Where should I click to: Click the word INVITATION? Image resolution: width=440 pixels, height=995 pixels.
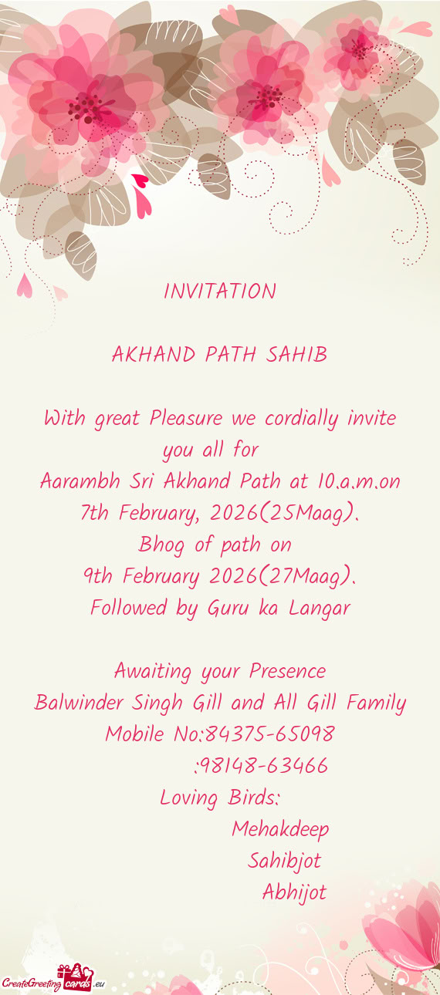click(220, 292)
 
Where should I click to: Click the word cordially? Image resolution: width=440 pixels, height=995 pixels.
click(301, 419)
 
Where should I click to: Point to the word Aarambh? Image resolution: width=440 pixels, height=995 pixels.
click(76, 482)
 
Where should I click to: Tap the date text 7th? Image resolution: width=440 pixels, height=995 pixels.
click(95, 514)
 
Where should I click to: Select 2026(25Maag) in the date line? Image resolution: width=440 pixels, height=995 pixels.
click(284, 514)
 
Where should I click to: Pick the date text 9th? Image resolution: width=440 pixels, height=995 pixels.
click(98, 577)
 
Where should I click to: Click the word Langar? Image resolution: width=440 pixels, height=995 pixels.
click(320, 609)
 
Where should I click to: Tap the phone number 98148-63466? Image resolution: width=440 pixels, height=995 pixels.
click(264, 766)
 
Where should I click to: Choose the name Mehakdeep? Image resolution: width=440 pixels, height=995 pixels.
click(280, 830)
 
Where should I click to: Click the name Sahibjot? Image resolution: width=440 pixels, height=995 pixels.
click(284, 862)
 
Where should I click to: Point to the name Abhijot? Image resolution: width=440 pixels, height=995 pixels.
click(294, 893)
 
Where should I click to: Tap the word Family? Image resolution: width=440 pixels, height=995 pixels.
click(376, 703)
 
